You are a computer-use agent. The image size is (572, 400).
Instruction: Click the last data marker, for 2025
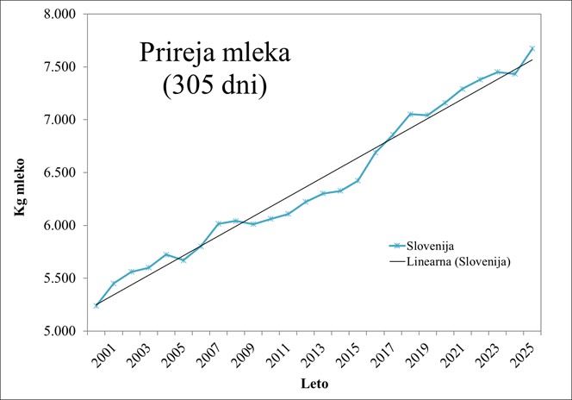(532, 48)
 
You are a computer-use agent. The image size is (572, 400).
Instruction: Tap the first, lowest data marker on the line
(96, 305)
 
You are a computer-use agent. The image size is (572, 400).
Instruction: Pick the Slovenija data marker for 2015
(357, 180)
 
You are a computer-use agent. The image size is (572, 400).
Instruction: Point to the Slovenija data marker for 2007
(218, 223)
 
